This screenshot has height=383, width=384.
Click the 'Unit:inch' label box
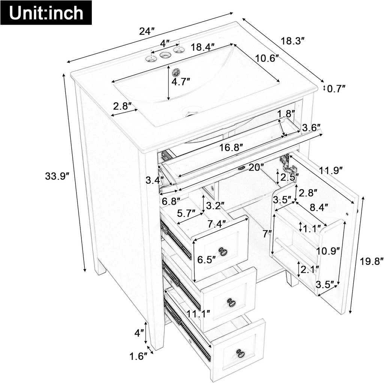point(46,13)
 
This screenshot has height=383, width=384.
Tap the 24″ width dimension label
point(147,31)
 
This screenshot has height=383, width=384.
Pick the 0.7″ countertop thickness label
point(336,89)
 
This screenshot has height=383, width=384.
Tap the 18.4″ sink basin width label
point(202,47)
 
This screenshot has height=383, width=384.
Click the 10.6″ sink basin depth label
point(267,58)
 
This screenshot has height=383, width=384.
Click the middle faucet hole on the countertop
point(165,55)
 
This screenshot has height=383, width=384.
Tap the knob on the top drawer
point(223,251)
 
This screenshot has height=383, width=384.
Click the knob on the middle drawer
point(231,302)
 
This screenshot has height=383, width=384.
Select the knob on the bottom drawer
point(240,353)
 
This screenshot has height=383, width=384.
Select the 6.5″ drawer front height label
point(206,259)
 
